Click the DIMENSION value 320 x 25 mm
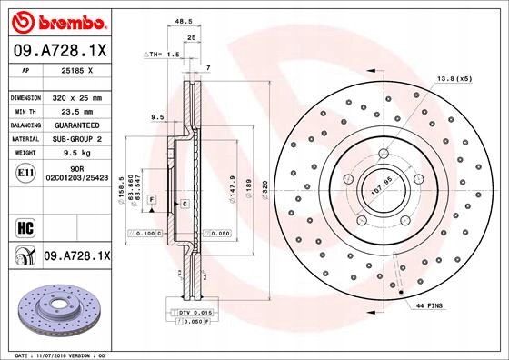pyautogui.click(x=78, y=97)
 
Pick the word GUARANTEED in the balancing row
pyautogui.click(x=78, y=125)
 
